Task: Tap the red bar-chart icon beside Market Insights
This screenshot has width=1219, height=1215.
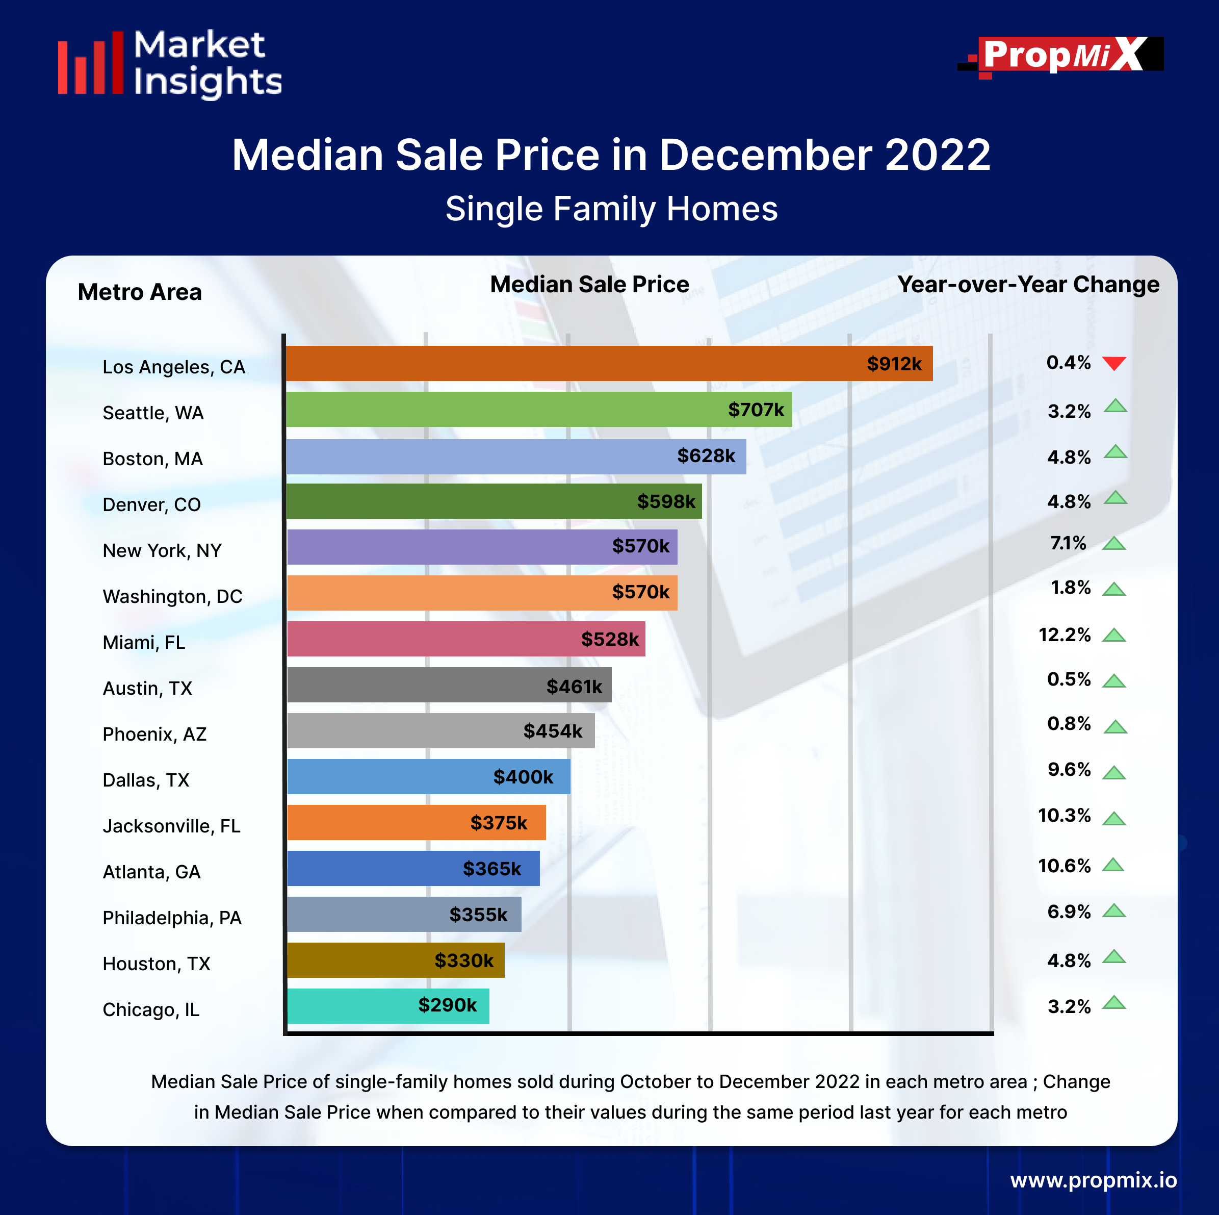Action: click(91, 64)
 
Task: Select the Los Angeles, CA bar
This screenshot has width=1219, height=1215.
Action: click(609, 364)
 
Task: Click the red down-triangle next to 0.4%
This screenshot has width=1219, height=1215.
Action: click(1114, 363)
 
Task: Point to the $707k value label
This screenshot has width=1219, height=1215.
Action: click(756, 410)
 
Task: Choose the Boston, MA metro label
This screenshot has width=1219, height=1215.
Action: click(152, 459)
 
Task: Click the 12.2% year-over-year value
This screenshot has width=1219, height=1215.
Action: click(1065, 635)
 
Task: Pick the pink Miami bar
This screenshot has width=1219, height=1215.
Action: click(465, 639)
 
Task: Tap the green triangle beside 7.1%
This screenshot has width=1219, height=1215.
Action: click(1114, 543)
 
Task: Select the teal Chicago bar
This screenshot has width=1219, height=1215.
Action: click(388, 1005)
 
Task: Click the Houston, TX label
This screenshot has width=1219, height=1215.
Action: click(157, 964)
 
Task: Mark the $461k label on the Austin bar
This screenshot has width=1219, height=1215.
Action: click(574, 686)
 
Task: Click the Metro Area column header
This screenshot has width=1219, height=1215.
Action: click(140, 292)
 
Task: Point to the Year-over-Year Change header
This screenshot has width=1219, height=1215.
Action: click(1028, 285)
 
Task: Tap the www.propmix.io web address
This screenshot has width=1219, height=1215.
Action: click(1093, 1180)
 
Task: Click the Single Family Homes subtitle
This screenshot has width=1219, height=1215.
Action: click(611, 209)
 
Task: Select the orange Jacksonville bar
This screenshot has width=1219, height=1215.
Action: click(417, 822)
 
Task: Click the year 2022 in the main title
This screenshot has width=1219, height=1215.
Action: click(938, 155)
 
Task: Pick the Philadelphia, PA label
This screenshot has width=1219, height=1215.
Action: click(172, 918)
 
